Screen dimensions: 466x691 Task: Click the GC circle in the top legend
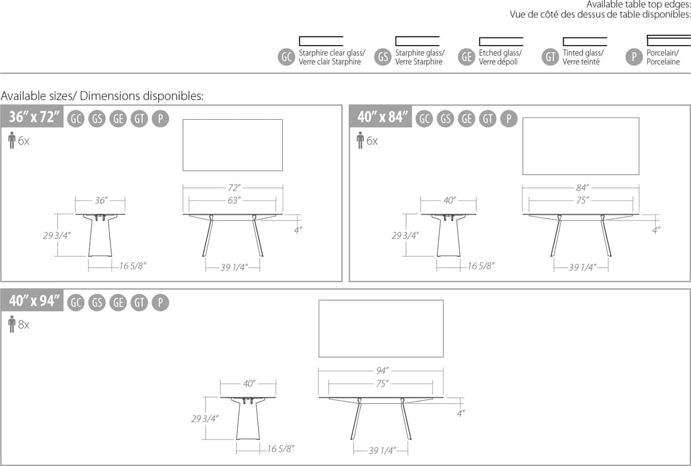click(286, 57)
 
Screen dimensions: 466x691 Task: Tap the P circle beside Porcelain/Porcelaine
click(634, 57)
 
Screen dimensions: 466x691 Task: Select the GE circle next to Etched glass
click(467, 57)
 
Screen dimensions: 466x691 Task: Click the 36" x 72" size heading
click(35, 117)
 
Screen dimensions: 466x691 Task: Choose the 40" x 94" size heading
click(35, 301)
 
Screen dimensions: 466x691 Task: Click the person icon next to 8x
click(12, 324)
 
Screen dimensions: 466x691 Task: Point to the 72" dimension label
click(233, 188)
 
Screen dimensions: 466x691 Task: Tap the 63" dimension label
click(233, 200)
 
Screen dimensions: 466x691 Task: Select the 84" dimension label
click(581, 188)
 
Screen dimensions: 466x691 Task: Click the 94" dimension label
click(381, 370)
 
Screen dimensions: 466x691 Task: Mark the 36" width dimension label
click(101, 200)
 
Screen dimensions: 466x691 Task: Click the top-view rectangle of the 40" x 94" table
click(381, 328)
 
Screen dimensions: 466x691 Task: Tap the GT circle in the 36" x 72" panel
click(139, 119)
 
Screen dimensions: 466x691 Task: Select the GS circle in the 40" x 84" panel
click(445, 119)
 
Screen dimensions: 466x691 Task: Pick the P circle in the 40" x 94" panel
click(161, 302)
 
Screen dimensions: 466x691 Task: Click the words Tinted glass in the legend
click(583, 53)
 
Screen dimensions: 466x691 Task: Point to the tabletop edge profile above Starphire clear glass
click(321, 41)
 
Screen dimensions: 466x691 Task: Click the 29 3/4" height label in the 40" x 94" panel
click(204, 419)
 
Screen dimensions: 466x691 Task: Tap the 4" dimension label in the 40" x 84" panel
click(656, 229)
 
